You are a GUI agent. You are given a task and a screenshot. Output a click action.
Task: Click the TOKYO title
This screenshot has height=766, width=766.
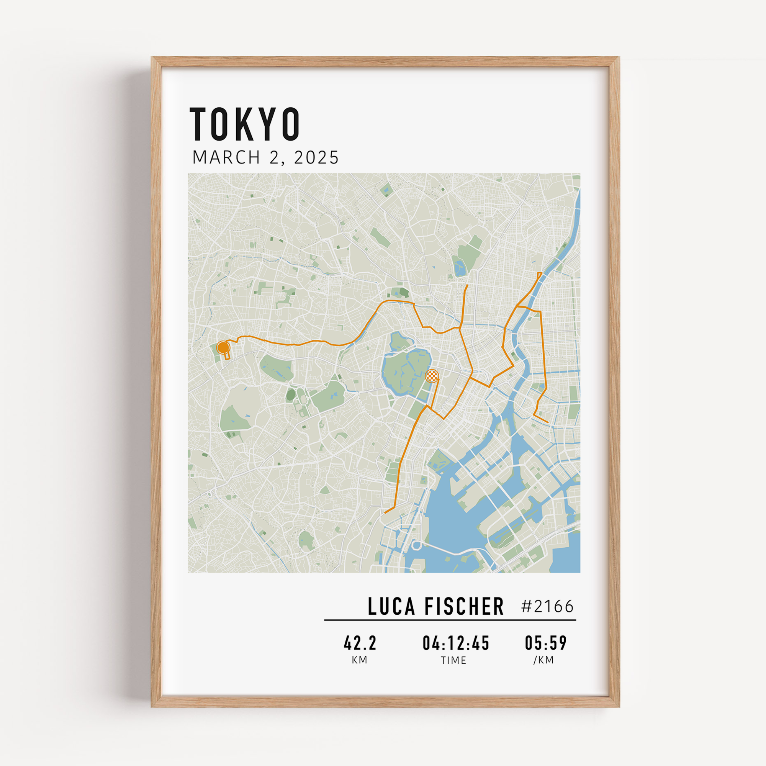pyautogui.click(x=245, y=124)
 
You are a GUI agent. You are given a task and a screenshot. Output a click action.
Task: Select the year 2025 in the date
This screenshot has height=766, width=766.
pyautogui.click(x=316, y=157)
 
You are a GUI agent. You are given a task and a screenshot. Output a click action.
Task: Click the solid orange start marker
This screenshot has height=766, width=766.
pyautogui.click(x=223, y=348)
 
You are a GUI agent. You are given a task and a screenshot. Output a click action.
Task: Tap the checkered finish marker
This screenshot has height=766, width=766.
pyautogui.click(x=432, y=375)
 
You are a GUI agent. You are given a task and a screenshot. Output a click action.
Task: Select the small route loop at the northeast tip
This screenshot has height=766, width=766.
pyautogui.click(x=539, y=274)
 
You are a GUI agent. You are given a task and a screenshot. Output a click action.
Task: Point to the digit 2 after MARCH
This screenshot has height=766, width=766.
pyautogui.click(x=274, y=157)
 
